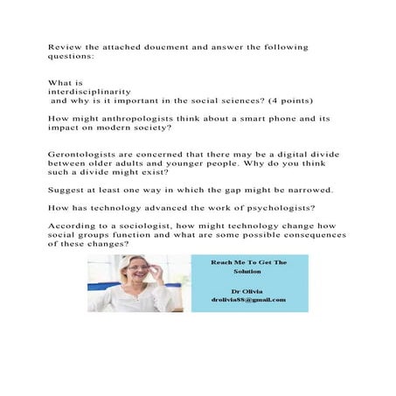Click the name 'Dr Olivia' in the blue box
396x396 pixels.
(248, 290)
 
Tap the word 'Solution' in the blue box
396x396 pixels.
(248, 272)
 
